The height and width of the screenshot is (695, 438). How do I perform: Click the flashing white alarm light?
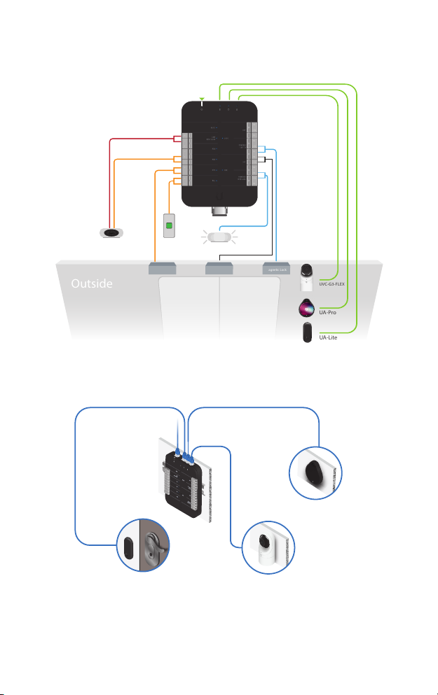pyautogui.click(x=221, y=237)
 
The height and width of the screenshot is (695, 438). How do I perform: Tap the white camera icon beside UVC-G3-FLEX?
pyautogui.click(x=306, y=278)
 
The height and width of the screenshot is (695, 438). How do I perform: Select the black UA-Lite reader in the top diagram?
pyautogui.click(x=306, y=333)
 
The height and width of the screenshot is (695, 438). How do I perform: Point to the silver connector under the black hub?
pyautogui.click(x=220, y=210)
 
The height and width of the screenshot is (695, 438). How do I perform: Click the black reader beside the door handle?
pyautogui.click(x=128, y=545)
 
